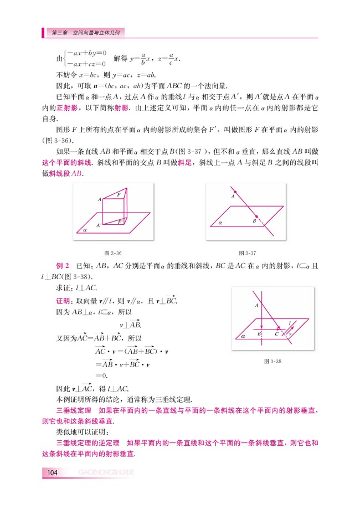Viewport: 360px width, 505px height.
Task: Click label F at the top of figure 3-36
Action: click(119, 195)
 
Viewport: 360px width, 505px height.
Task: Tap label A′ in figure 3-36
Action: click(99, 225)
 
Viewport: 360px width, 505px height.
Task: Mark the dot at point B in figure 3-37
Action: click(256, 215)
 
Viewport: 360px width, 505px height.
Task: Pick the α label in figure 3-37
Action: click(220, 221)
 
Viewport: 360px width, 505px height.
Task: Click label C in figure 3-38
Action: click(276, 334)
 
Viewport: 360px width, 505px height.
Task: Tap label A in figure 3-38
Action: click(257, 305)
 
